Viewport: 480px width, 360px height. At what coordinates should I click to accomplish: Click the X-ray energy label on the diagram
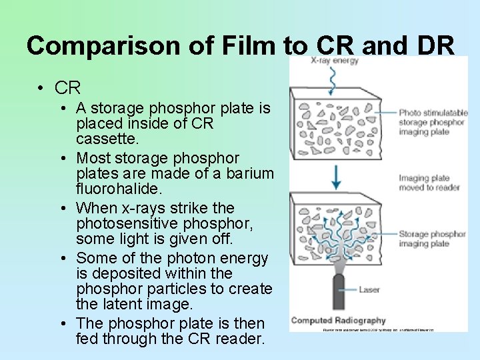(335, 61)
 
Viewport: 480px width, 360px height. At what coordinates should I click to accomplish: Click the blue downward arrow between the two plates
(337, 177)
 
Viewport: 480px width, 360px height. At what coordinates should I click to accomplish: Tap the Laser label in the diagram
(369, 289)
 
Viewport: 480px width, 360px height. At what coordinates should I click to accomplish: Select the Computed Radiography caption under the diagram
(338, 321)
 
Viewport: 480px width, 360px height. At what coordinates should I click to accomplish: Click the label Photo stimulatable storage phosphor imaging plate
(431, 122)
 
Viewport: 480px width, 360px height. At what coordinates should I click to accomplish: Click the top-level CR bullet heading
(67, 87)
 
